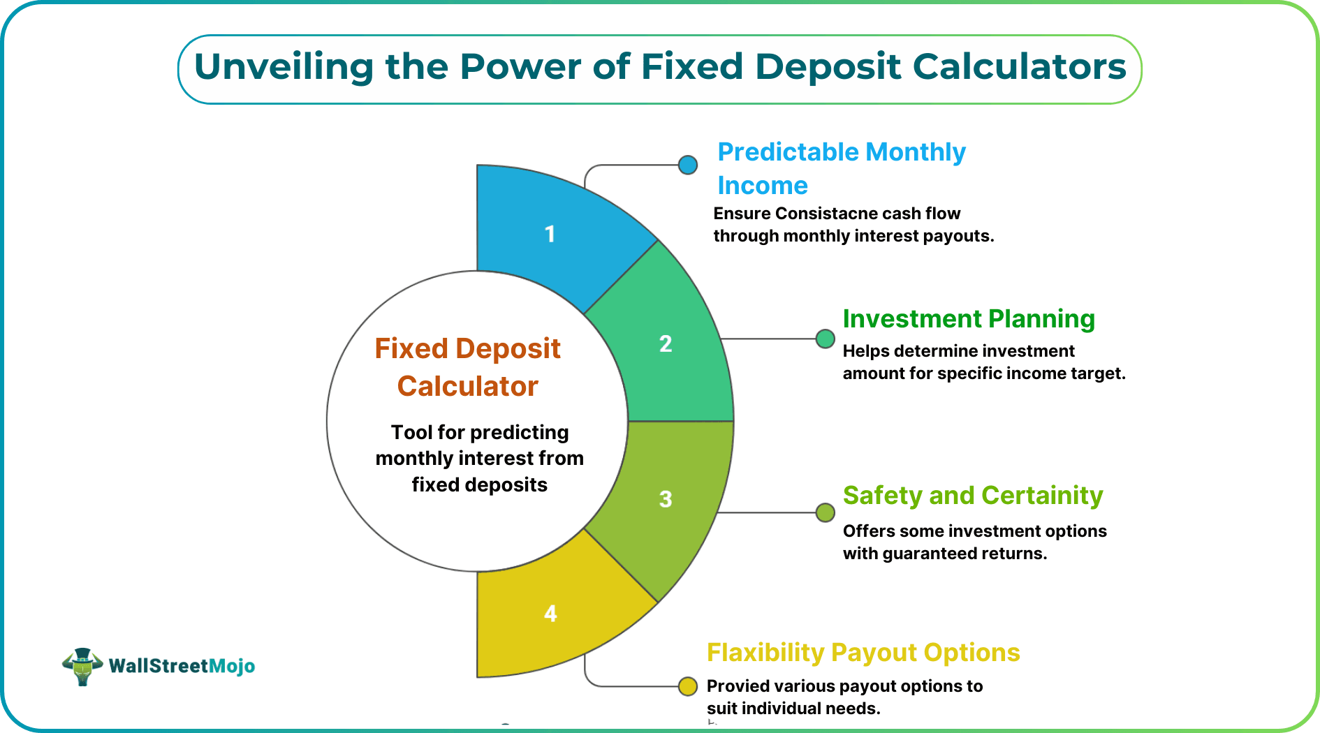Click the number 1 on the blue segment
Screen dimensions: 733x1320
pyautogui.click(x=550, y=234)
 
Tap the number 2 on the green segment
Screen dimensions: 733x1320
pyautogui.click(x=666, y=343)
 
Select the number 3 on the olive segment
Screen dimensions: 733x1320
pyautogui.click(x=666, y=499)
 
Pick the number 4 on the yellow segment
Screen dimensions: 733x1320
pyautogui.click(x=550, y=614)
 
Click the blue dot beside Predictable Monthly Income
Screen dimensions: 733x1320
pyautogui.click(x=688, y=165)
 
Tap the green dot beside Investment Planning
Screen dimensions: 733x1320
pyautogui.click(x=826, y=339)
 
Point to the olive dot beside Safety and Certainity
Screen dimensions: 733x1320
pyautogui.click(x=826, y=512)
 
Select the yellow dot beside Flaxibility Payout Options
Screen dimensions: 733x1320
pyautogui.click(x=688, y=686)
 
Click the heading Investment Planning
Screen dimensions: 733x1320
pyautogui.click(x=969, y=319)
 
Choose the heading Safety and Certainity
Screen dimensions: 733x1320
pyautogui.click(x=973, y=496)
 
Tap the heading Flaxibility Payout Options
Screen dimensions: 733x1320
pyautogui.click(x=863, y=653)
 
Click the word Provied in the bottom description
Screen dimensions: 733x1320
pyautogui.click(x=733, y=686)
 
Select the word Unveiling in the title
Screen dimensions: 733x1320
pyautogui.click(x=284, y=67)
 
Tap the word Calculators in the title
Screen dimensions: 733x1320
pyautogui.click(x=1020, y=67)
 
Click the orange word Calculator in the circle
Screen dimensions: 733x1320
pyautogui.click(x=467, y=386)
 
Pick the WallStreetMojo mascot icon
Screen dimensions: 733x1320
pyautogui.click(x=82, y=666)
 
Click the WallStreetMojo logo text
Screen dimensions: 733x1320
pyautogui.click(x=182, y=666)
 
